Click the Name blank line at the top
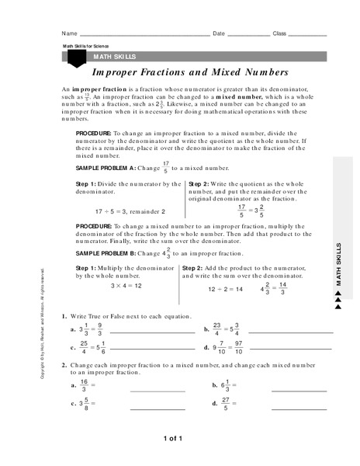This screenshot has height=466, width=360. coord(144,36)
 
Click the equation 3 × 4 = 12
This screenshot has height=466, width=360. coord(123,286)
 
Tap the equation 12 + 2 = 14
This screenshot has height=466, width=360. coord(225,289)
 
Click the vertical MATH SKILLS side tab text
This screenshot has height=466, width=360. coord(338,264)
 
